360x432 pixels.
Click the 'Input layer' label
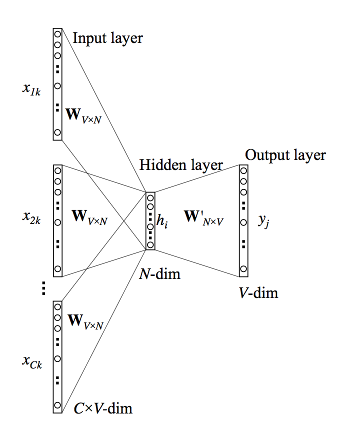[107, 38]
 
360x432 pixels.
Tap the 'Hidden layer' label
[181, 165]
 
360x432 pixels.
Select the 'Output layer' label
[285, 155]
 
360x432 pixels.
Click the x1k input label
[31, 91]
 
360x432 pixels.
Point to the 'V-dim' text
[258, 292]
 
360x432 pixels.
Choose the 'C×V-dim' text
[102, 408]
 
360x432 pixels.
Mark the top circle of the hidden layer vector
[150, 197]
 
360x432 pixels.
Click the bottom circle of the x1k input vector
[57, 132]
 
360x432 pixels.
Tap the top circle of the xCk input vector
[57, 306]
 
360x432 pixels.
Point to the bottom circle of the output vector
[243, 269]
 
